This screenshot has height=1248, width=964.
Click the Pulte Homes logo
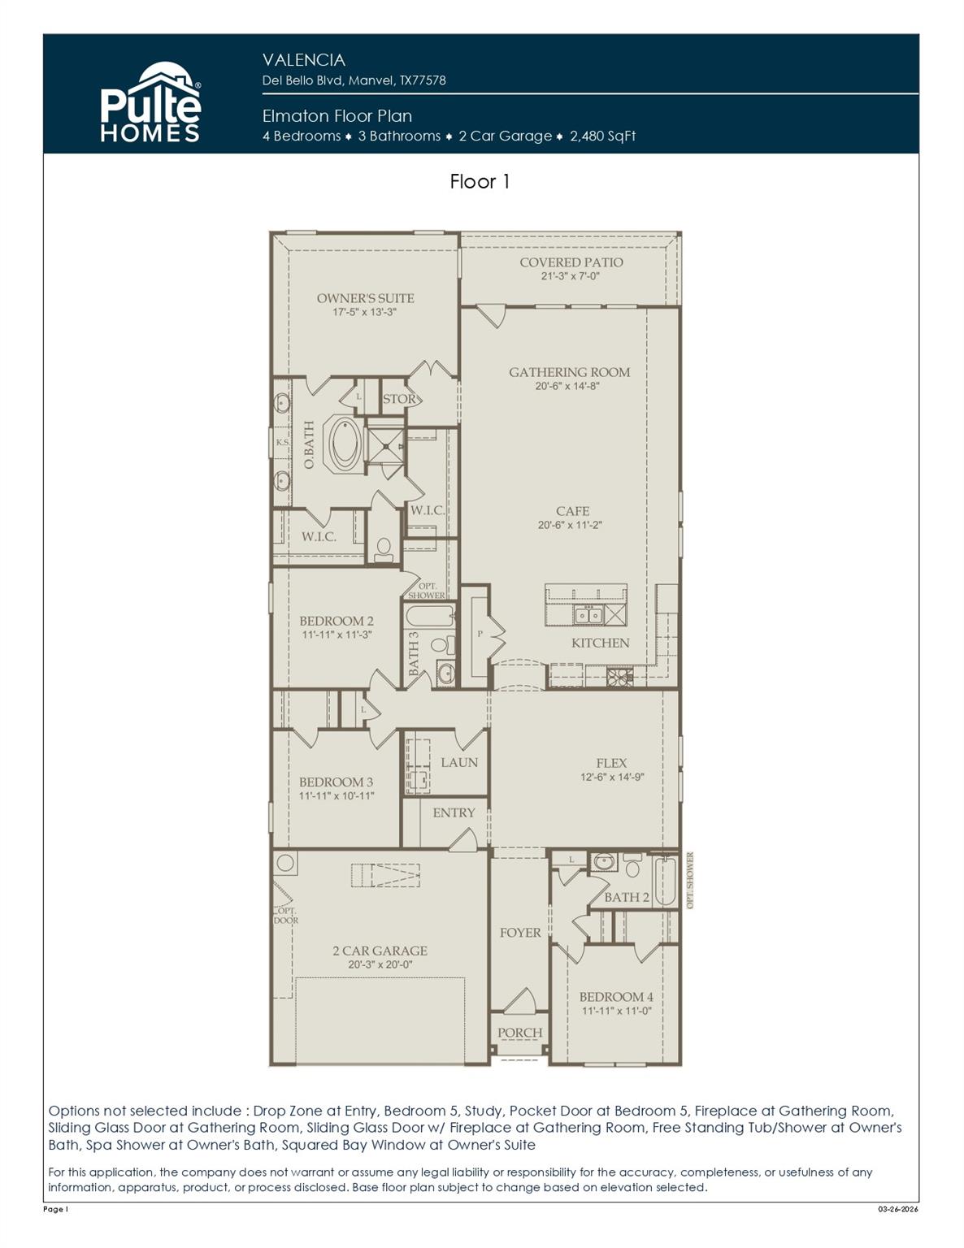point(150,103)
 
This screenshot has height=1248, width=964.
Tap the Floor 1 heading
point(480,181)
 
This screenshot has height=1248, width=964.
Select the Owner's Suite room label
point(365,298)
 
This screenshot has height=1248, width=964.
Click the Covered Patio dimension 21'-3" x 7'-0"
point(571,276)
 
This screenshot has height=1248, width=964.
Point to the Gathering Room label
point(569,372)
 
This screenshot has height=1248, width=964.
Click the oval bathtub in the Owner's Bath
point(345,443)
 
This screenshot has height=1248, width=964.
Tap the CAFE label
point(572,511)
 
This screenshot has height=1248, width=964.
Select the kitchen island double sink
point(588,615)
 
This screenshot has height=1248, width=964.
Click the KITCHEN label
point(600,643)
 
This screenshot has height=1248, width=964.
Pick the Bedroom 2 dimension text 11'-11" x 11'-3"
point(337,635)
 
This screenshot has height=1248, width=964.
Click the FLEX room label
point(611,763)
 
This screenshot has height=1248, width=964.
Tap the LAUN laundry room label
point(459,762)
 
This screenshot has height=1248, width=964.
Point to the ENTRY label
point(454,812)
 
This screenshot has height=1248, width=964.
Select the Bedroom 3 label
point(337,782)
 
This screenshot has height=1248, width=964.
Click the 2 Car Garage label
point(380,951)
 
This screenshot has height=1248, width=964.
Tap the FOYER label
point(520,933)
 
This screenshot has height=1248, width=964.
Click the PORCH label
point(519,1033)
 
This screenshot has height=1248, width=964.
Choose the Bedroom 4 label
point(616,997)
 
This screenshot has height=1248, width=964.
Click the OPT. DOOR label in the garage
point(286,916)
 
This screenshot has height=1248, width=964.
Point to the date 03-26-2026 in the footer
point(897,1209)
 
